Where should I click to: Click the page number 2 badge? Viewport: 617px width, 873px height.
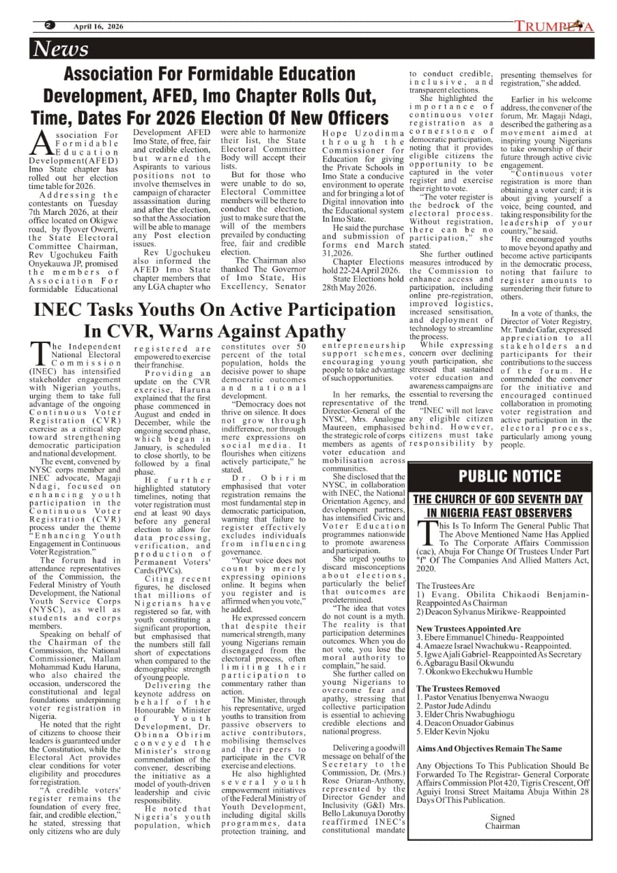[x=49, y=26]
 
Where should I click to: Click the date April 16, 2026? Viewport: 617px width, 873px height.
[x=99, y=27]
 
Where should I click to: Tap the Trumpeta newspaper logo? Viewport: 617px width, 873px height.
[x=554, y=27]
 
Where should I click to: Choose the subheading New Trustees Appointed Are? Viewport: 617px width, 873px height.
[x=468, y=628]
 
